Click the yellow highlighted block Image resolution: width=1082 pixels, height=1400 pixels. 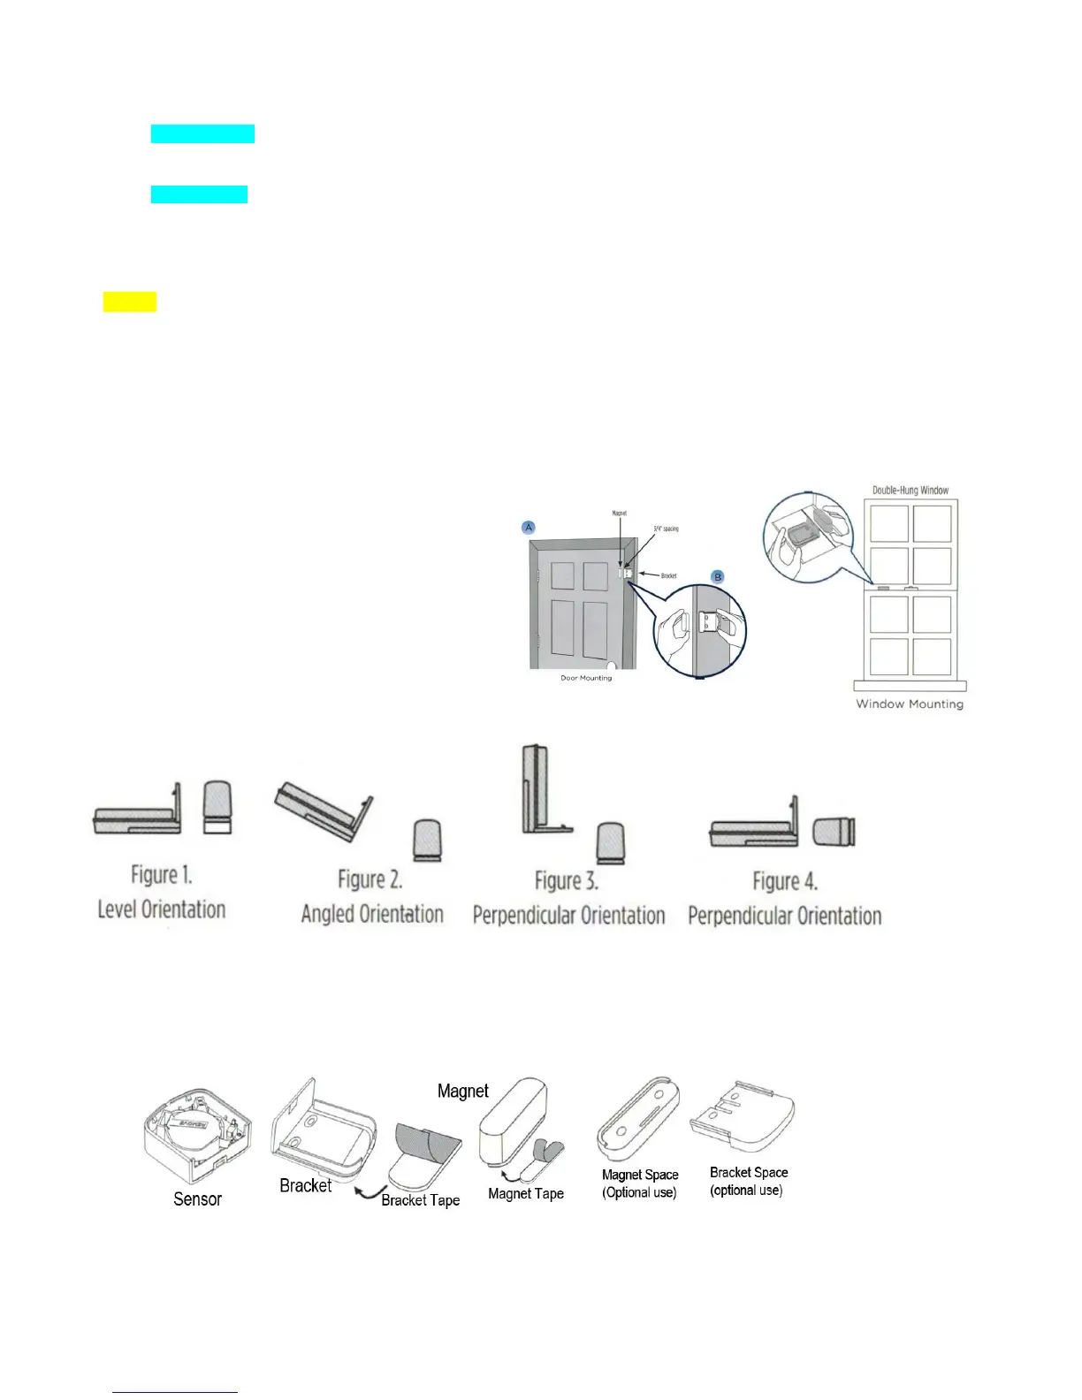(x=129, y=301)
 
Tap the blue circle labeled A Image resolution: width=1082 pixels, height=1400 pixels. (x=529, y=527)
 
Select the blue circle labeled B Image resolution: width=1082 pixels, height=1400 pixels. (x=718, y=576)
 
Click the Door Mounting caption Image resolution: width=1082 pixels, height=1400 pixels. (x=586, y=678)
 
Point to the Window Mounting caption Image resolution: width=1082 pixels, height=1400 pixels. (x=910, y=704)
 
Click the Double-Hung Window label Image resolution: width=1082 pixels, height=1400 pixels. (x=911, y=490)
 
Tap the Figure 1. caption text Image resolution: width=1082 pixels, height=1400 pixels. (x=162, y=875)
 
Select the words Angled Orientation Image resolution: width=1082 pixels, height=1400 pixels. (x=372, y=913)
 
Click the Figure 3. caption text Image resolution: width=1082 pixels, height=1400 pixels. (x=567, y=880)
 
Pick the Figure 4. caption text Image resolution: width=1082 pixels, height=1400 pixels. (x=785, y=880)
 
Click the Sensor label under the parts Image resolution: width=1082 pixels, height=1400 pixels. (x=197, y=1198)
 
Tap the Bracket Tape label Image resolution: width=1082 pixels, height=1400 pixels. (x=421, y=1199)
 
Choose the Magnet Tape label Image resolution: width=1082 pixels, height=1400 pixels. (x=526, y=1193)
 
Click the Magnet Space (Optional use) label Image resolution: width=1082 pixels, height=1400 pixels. (x=640, y=1183)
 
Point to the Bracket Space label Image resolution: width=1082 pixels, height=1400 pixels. (x=749, y=1172)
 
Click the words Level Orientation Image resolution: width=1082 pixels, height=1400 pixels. (x=162, y=909)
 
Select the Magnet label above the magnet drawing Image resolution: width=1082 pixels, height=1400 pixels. (x=463, y=1091)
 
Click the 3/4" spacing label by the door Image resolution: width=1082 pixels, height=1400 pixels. (x=667, y=529)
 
